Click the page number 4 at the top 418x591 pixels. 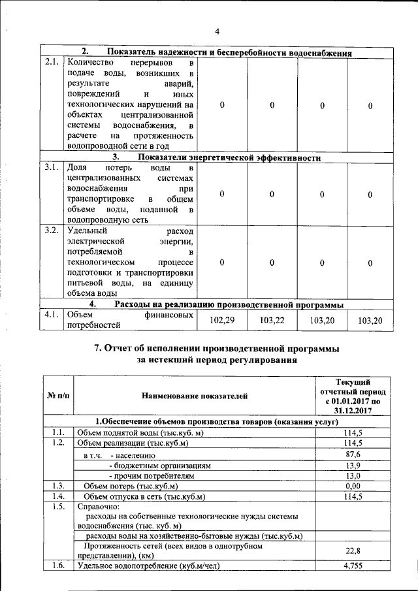pos(217,31)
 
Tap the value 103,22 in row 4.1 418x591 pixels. pos(272,320)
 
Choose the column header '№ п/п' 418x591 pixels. pos(58,395)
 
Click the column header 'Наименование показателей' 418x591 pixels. pos(195,395)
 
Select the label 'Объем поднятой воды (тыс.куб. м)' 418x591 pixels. pos(140,432)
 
